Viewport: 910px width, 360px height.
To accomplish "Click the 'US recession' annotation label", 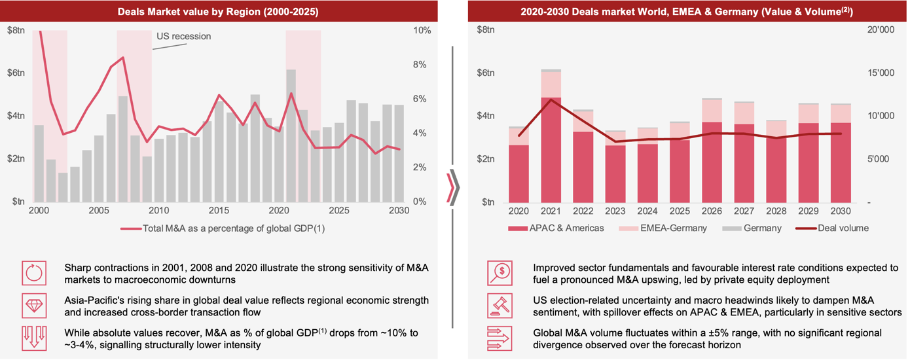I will [183, 37].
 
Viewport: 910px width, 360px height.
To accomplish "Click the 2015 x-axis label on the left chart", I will [219, 211].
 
